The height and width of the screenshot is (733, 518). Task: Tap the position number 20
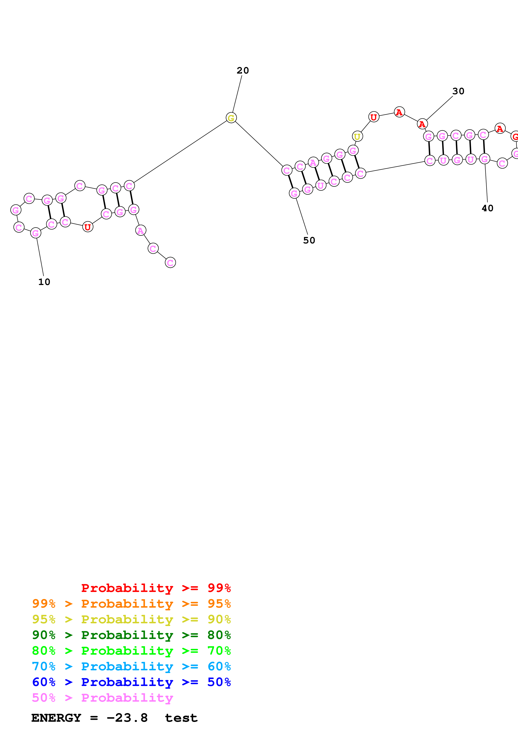(x=243, y=71)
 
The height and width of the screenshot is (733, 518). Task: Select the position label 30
(x=458, y=91)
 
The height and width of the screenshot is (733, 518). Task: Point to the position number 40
(x=487, y=208)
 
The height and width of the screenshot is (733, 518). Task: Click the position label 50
(x=309, y=240)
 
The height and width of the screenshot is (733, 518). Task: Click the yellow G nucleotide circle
(x=231, y=118)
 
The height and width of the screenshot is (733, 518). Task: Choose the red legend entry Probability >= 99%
(x=156, y=588)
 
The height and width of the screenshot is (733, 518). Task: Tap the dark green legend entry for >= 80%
(x=131, y=635)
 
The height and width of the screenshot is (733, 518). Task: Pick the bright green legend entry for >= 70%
(x=131, y=651)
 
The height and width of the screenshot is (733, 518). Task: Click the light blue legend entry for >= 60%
(x=131, y=666)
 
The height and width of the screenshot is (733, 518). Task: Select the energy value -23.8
(x=127, y=718)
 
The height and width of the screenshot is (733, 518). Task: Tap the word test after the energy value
(x=181, y=718)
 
